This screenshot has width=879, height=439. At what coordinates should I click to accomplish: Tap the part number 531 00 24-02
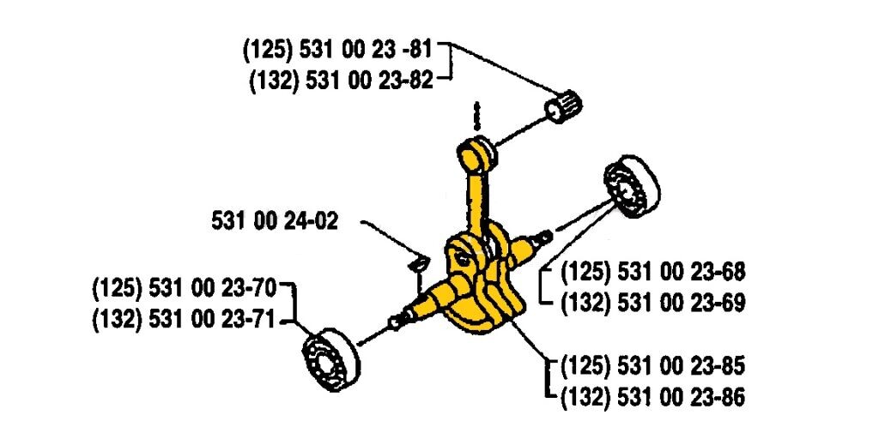(274, 221)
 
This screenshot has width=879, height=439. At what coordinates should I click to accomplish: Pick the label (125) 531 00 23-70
(191, 287)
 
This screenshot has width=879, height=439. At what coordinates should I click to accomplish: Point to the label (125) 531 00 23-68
(652, 273)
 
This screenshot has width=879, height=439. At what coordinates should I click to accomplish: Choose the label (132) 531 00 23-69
(652, 303)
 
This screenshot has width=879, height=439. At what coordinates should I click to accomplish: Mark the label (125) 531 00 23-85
(652, 366)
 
